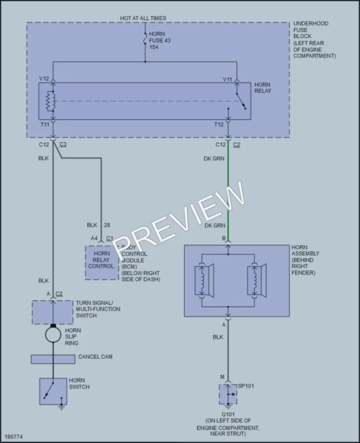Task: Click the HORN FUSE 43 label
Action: [160, 40]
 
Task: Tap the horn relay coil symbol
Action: [51, 101]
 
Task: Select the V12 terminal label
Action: [44, 79]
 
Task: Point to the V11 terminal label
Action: [227, 80]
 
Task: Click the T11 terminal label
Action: [45, 124]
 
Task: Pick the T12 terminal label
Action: [219, 124]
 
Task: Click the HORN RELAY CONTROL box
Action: [102, 262]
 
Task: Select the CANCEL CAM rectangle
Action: [53, 359]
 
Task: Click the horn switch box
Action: [53, 391]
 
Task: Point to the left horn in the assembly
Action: [204, 280]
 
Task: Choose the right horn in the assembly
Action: [257, 280]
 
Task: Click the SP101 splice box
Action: [228, 394]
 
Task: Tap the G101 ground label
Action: [228, 415]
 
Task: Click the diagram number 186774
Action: [14, 436]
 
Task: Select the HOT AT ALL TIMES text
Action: [143, 18]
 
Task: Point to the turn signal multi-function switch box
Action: [52, 312]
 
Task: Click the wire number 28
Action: [107, 225]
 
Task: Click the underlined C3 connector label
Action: [63, 144]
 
